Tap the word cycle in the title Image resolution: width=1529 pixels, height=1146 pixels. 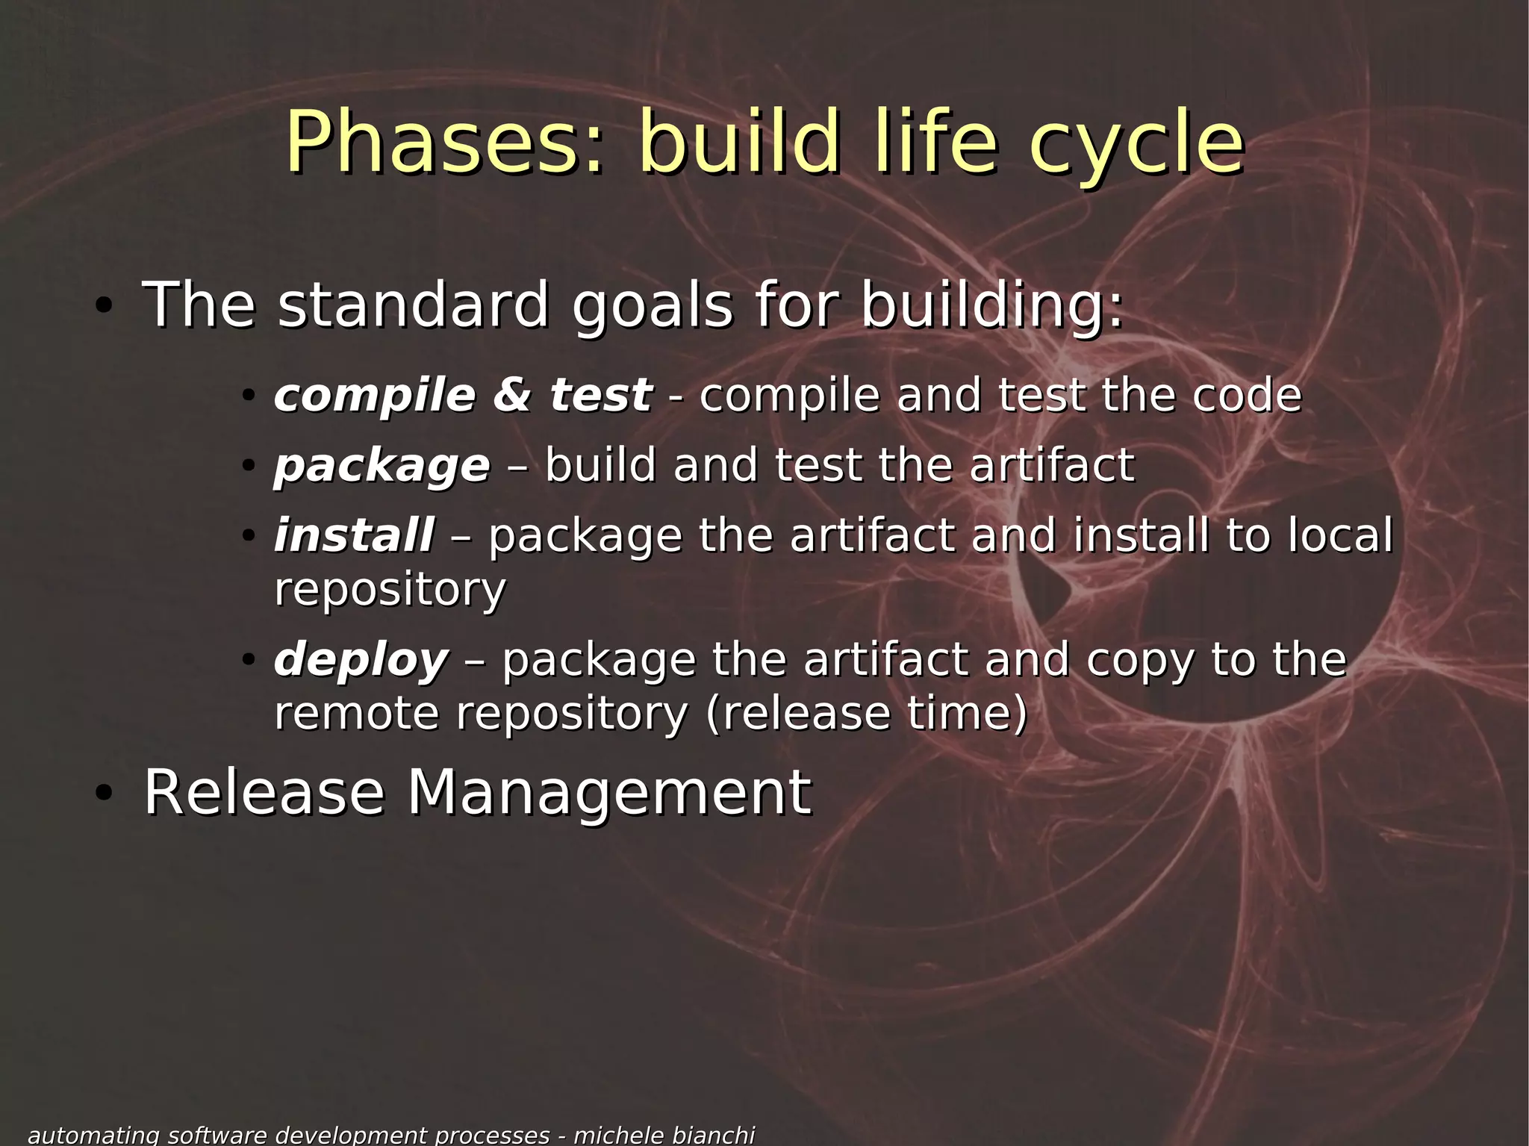pos(1136,142)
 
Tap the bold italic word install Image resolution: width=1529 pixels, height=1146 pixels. pos(354,535)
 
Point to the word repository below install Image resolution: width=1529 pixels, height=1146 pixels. pos(390,590)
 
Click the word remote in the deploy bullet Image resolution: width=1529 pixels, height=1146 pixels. pos(356,713)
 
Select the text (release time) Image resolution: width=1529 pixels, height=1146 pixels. pos(866,713)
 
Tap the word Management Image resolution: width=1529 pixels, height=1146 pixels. pos(608,792)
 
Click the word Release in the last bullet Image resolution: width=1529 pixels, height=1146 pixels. pos(264,792)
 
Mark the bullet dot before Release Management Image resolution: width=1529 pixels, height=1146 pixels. pos(104,794)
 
